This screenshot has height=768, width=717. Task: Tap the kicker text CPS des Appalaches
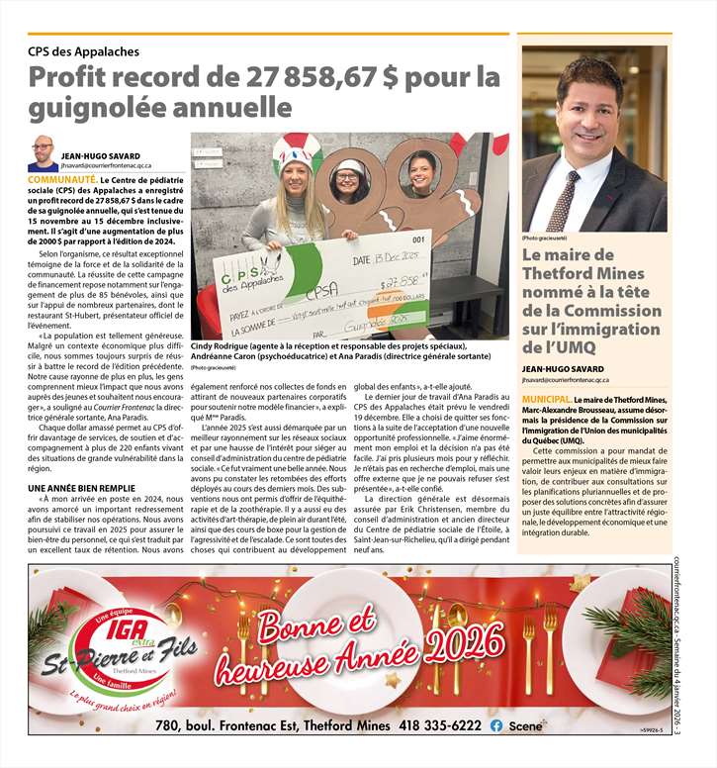click(83, 50)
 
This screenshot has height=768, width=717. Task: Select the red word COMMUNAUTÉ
click(62, 180)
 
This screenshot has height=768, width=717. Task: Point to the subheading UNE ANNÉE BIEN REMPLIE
click(81, 489)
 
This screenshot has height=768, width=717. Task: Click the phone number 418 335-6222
click(440, 725)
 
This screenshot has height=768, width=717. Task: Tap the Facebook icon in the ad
click(495, 725)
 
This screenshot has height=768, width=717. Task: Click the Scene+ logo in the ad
click(527, 725)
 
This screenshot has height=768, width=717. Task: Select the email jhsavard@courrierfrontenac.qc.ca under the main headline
click(114, 166)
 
